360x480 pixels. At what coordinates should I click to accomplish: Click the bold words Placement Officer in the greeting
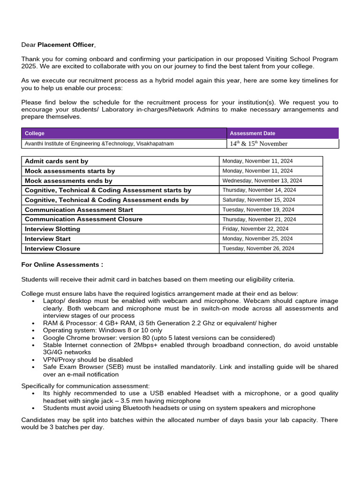click(66, 45)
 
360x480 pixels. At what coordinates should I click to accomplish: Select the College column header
click(35, 134)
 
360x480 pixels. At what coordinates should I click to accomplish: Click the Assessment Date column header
click(252, 134)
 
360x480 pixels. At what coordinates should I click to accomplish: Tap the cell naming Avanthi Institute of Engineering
click(99, 144)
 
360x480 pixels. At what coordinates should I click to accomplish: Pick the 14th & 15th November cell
click(258, 144)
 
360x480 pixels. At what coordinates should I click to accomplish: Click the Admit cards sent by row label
click(56, 161)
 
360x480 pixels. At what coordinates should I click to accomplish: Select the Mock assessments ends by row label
click(68, 180)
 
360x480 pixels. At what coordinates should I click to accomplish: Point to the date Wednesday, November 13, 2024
click(262, 180)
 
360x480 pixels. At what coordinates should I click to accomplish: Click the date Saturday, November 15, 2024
click(259, 200)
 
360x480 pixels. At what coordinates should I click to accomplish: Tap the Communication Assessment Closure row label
click(83, 219)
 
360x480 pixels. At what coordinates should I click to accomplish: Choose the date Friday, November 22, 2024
click(255, 229)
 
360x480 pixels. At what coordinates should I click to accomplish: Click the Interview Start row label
click(48, 239)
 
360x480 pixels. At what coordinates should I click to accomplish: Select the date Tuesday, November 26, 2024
click(258, 248)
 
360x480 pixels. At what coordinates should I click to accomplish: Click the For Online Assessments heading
click(62, 265)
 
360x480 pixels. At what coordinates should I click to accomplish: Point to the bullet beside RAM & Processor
click(33, 323)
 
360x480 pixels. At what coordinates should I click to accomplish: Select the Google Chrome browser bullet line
click(159, 338)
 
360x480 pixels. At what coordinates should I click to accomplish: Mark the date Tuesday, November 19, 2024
click(258, 210)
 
